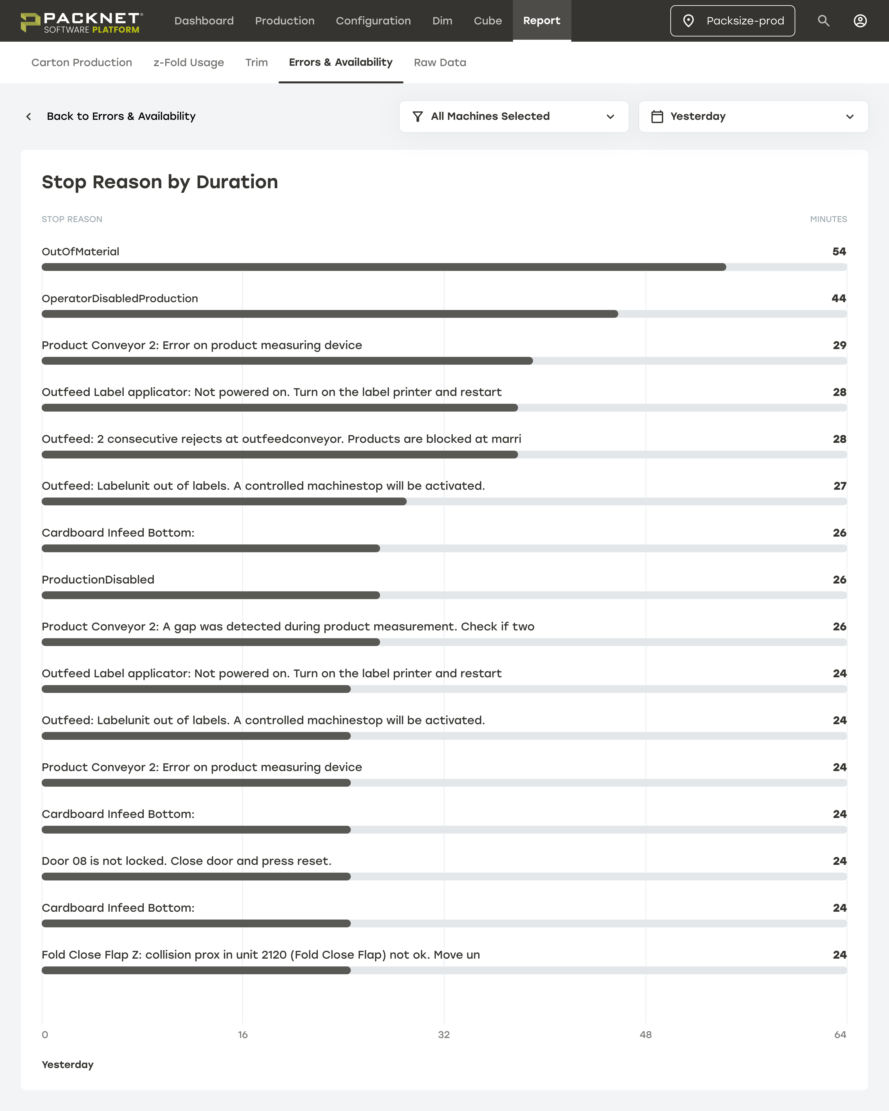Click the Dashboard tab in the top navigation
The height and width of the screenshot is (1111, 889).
click(x=204, y=21)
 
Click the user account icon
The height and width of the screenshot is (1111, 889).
click(x=860, y=21)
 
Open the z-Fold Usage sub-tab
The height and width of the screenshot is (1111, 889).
click(x=189, y=62)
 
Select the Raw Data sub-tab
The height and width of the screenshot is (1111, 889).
click(x=440, y=62)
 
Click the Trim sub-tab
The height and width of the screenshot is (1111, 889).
click(x=256, y=62)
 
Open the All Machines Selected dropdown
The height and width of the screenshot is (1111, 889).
click(x=513, y=116)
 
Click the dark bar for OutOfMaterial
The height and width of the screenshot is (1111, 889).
click(x=384, y=267)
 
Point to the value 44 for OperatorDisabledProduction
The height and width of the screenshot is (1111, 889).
click(x=838, y=298)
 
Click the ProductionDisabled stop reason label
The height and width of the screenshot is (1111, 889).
click(x=98, y=580)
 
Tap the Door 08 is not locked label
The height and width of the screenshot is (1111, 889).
click(x=186, y=861)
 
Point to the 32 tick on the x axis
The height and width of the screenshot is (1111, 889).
click(x=443, y=1035)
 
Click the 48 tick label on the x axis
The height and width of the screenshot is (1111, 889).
click(x=645, y=1035)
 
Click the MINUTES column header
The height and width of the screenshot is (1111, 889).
click(x=828, y=219)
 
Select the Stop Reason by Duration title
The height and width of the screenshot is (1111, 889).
click(x=160, y=182)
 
